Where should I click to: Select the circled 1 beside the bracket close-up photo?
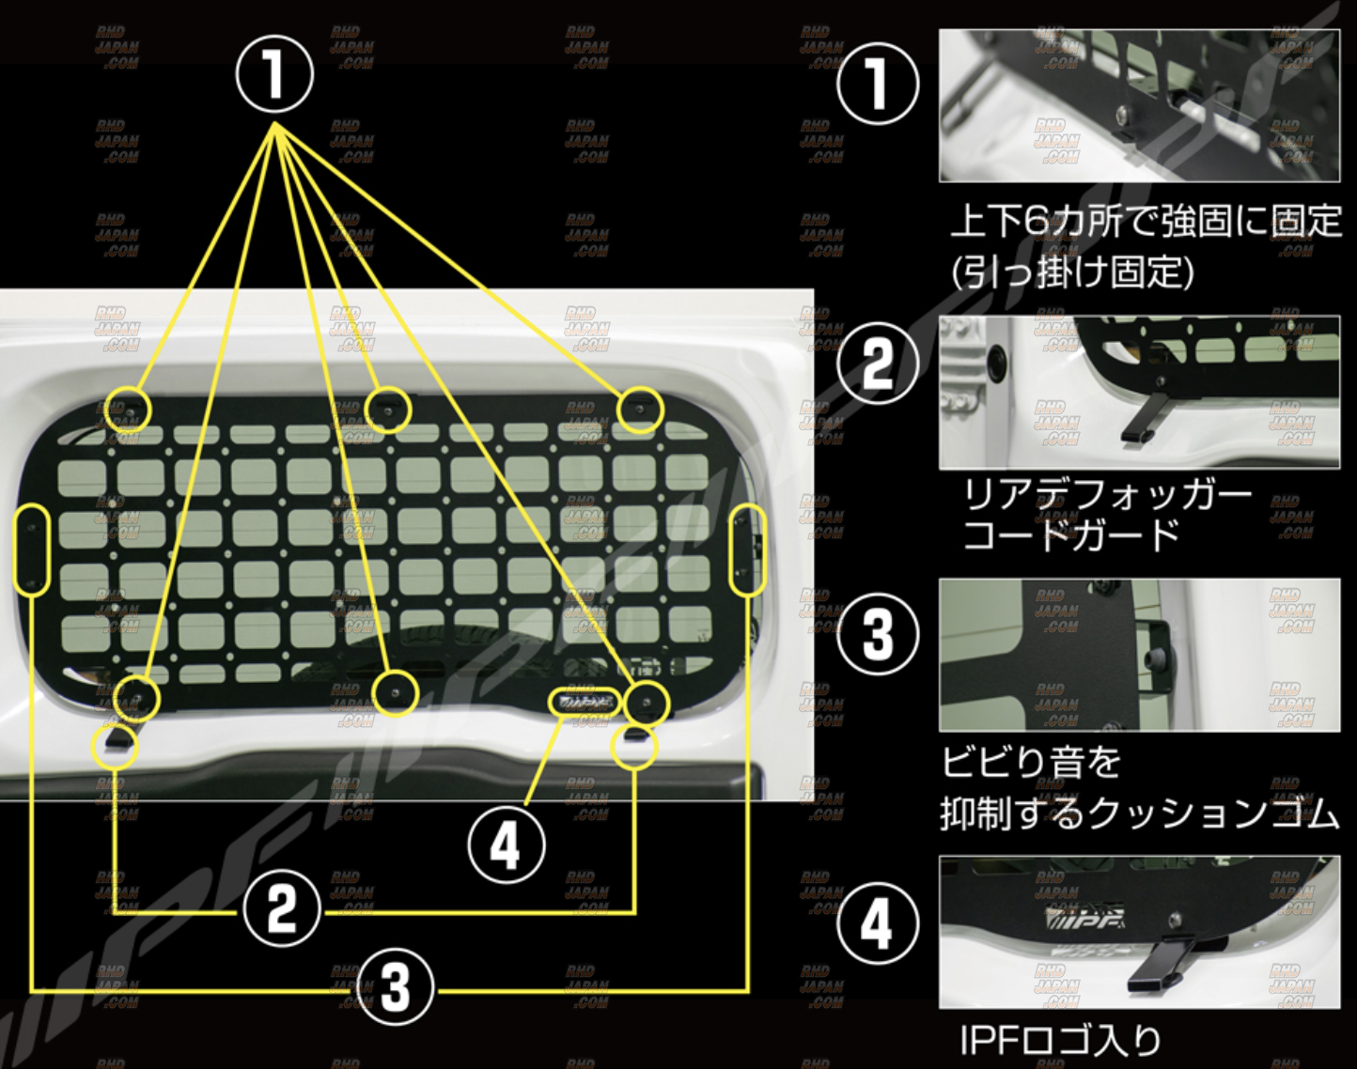(x=877, y=83)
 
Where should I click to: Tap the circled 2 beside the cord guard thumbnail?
(x=877, y=362)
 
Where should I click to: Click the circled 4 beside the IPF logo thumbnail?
(x=877, y=924)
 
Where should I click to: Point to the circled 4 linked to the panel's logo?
(x=507, y=845)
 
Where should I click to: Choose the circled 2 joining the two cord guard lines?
(x=281, y=910)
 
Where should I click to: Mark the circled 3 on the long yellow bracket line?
(x=396, y=987)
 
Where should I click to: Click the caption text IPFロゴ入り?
(x=1060, y=1041)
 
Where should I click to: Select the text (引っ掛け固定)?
(x=1072, y=273)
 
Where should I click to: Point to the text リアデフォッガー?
(x=1107, y=495)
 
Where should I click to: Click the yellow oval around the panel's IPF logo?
(x=585, y=701)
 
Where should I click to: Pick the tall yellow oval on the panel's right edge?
(x=748, y=550)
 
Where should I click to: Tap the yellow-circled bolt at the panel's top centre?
(x=388, y=410)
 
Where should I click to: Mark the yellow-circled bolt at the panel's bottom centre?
(x=395, y=693)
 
